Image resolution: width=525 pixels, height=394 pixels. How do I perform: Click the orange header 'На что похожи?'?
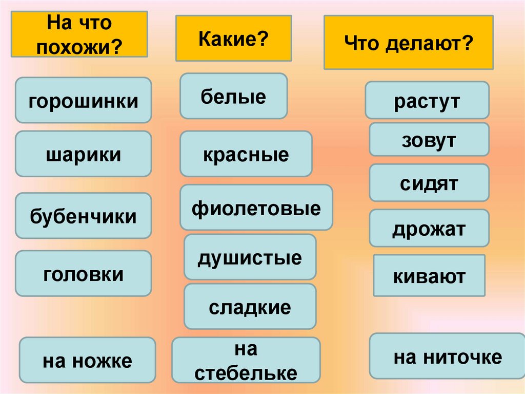point(79,34)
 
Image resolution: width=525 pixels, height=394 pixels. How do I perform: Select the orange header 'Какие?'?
point(234,39)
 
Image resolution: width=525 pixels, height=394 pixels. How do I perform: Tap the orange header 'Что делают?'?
point(409,42)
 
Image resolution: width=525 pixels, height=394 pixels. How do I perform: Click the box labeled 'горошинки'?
point(83,100)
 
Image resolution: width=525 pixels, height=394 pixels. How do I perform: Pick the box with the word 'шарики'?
point(83,154)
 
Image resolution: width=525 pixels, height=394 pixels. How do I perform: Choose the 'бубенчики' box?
point(83,216)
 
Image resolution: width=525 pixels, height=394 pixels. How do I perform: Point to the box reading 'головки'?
point(83,273)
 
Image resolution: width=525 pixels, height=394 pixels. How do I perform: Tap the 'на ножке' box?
point(87,360)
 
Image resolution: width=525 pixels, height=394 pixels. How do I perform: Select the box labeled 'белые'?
point(233,96)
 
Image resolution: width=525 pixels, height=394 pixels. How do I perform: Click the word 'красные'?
point(246,154)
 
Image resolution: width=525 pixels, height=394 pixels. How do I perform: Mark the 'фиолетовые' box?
point(256,208)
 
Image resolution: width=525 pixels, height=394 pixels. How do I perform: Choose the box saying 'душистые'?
point(250,257)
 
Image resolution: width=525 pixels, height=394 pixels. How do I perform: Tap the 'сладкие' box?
point(250,307)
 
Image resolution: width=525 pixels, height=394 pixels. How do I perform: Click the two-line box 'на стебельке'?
point(246,360)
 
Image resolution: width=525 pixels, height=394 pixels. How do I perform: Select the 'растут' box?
point(427,100)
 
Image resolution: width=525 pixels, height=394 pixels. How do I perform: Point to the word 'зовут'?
point(429,139)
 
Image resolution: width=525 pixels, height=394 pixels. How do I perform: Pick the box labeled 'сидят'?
point(429,183)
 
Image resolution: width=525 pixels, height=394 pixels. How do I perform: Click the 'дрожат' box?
point(429,228)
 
